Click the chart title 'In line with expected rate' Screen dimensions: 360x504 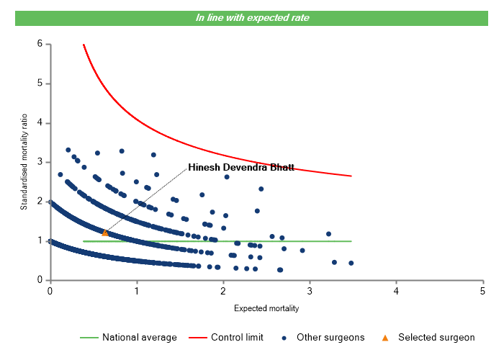(x=252, y=17)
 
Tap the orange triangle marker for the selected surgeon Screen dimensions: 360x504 (x=105, y=233)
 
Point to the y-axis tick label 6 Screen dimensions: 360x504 (x=40, y=44)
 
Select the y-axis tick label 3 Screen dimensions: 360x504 (x=40, y=162)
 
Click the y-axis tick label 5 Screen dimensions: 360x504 (x=40, y=84)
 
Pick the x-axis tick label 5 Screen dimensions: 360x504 (x=482, y=291)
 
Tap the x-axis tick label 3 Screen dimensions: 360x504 (x=310, y=291)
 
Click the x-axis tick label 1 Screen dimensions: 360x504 (x=136, y=291)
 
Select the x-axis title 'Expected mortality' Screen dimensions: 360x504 (x=266, y=308)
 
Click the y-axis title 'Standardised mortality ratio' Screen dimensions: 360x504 (x=24, y=162)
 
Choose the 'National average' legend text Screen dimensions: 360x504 (x=139, y=337)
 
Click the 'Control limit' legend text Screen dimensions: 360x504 (x=237, y=337)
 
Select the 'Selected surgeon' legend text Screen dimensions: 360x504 (x=436, y=337)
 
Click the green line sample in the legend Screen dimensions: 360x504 (x=88, y=337)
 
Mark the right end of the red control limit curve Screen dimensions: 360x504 (x=351, y=176)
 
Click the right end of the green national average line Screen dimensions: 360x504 (x=351, y=241)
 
